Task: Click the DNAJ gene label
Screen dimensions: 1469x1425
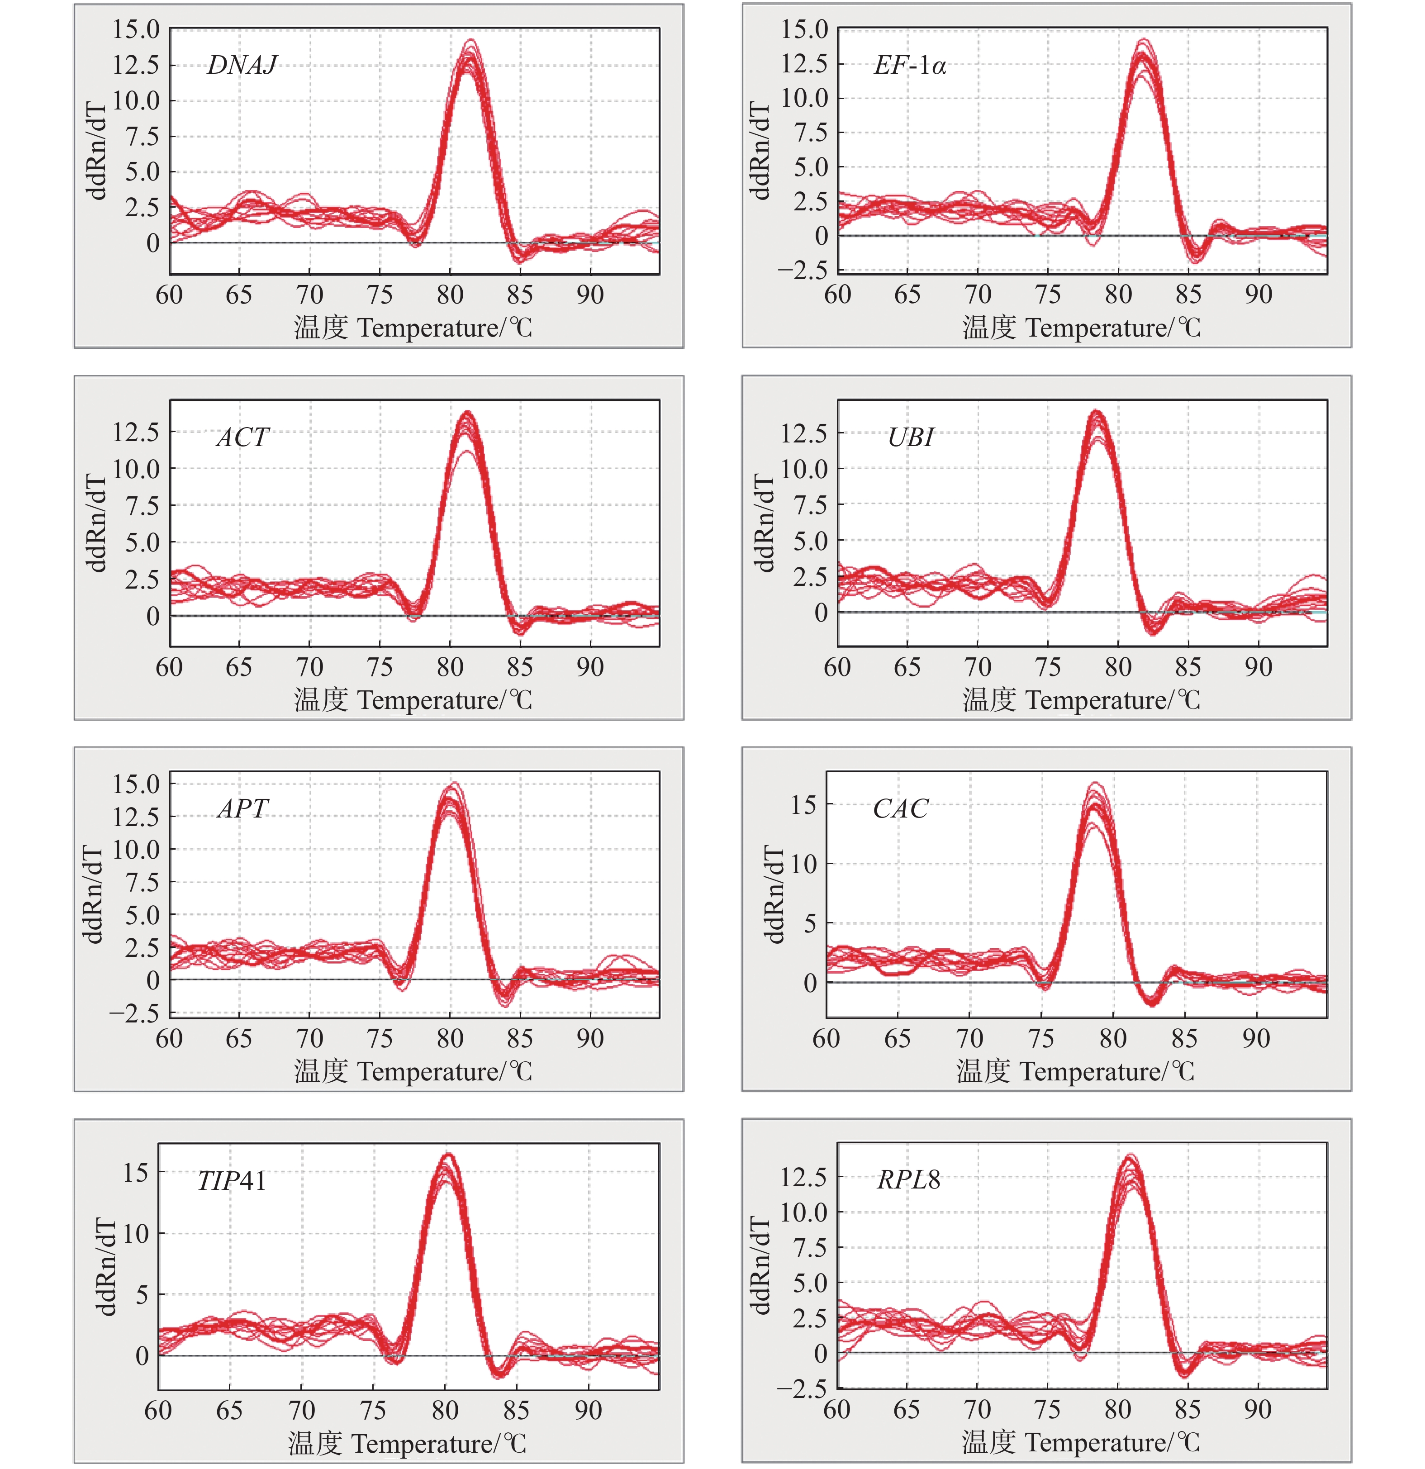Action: tap(242, 66)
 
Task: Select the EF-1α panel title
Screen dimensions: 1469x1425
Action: tap(909, 66)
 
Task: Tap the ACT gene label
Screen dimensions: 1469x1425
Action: tap(242, 437)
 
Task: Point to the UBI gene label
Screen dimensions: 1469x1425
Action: tap(910, 437)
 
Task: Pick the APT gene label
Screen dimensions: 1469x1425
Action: tap(242, 809)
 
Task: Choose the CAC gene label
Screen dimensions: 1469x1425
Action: tap(899, 809)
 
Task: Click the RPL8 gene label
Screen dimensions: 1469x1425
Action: tap(908, 1180)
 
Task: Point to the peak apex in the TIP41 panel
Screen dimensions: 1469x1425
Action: tap(447, 1155)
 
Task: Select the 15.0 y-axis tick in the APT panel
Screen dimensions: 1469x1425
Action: tap(136, 784)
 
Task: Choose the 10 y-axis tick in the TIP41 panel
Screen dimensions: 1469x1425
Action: tap(136, 1234)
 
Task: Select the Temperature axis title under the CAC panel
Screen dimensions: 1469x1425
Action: tap(1075, 1072)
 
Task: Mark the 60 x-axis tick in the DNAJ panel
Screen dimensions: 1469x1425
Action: tap(169, 295)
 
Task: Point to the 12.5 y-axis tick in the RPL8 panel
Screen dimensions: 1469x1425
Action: tap(803, 1177)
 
